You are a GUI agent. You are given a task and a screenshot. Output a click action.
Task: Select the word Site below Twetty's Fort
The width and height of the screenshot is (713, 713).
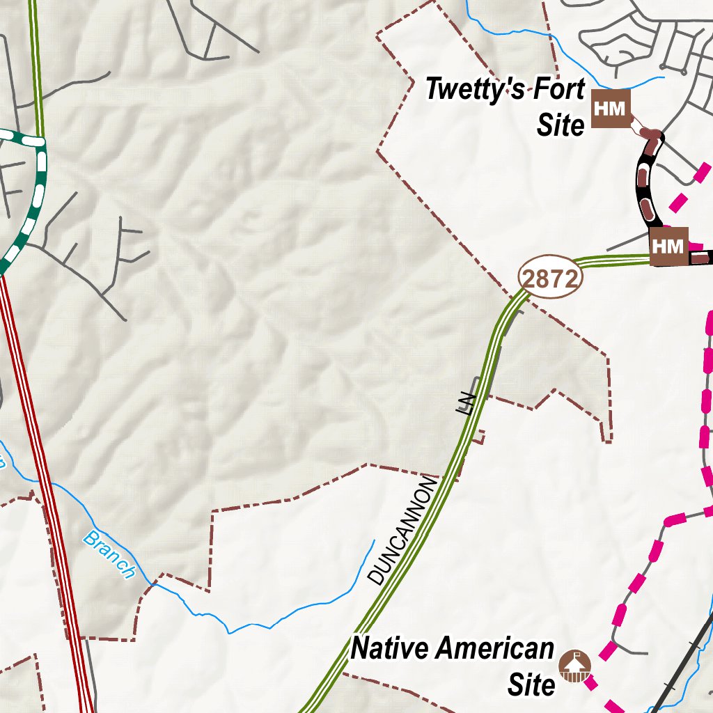click(561, 125)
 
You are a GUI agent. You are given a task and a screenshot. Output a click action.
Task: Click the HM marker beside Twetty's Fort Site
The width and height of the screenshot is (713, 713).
click(610, 109)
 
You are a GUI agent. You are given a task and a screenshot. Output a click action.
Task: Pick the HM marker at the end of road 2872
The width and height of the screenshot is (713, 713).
click(669, 246)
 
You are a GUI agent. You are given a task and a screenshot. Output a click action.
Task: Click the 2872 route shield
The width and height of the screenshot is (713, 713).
click(549, 279)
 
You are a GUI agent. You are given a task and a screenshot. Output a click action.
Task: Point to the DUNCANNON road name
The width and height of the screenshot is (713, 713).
click(402, 531)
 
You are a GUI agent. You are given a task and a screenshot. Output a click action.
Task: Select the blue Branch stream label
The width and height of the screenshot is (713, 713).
click(109, 555)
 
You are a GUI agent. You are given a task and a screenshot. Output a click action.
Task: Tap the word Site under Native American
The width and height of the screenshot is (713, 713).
click(531, 684)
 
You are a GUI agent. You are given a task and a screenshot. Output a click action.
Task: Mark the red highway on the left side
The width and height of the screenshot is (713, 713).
click(49, 487)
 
